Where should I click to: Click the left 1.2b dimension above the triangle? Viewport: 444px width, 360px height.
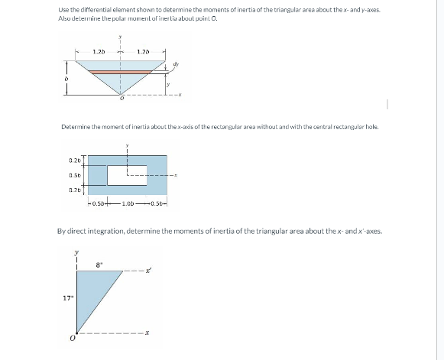click(x=99, y=51)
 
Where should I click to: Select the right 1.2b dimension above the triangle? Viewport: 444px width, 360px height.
click(x=141, y=51)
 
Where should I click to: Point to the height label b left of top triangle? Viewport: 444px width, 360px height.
click(x=66, y=79)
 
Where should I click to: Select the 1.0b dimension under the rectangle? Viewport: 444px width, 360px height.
click(x=127, y=203)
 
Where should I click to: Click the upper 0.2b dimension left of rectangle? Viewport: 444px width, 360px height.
click(x=75, y=161)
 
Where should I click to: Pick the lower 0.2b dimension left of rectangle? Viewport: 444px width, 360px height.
click(x=75, y=189)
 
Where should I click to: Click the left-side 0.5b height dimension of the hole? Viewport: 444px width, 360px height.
click(x=75, y=174)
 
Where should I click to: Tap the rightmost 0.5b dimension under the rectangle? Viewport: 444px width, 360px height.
click(x=159, y=203)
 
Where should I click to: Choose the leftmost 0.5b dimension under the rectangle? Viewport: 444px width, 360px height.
click(x=97, y=203)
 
